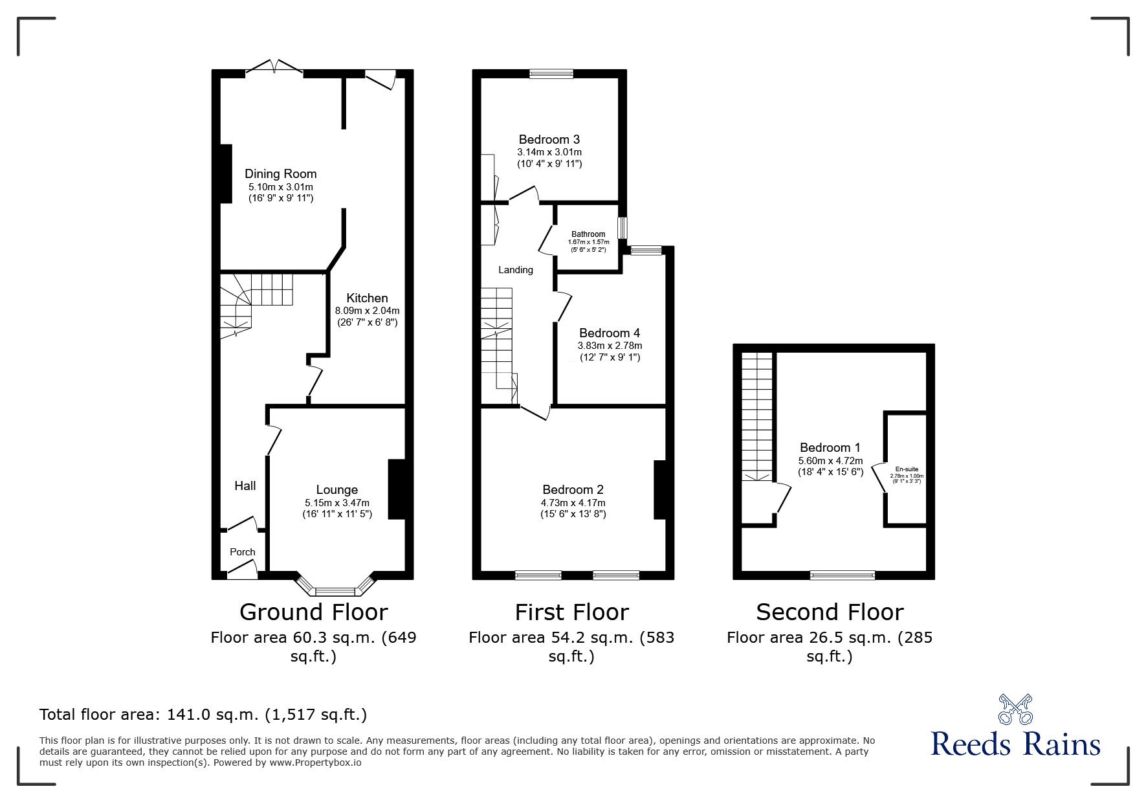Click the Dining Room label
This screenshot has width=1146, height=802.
(x=280, y=173)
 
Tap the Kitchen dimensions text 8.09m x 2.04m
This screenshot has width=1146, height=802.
(x=367, y=311)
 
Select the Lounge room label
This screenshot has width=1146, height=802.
(x=336, y=490)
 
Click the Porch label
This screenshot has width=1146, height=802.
(x=243, y=552)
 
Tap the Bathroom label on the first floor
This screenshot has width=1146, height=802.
(x=588, y=234)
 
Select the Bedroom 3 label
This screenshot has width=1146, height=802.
(x=549, y=139)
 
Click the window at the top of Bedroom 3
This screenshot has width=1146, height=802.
(x=551, y=74)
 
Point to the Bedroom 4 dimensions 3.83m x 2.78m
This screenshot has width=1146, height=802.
(x=610, y=346)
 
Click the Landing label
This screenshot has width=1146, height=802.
(x=516, y=270)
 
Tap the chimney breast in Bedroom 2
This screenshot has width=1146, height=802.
(x=659, y=489)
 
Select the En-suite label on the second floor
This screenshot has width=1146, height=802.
(x=907, y=469)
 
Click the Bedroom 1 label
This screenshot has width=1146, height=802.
(x=830, y=447)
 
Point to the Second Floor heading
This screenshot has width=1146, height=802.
(x=830, y=612)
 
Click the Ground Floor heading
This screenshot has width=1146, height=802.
(x=313, y=612)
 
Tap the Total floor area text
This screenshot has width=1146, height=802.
(x=203, y=715)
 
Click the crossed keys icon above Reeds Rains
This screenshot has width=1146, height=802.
(x=1015, y=709)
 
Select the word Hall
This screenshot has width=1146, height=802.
(x=245, y=485)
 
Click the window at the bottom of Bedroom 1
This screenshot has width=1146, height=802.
(x=842, y=575)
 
